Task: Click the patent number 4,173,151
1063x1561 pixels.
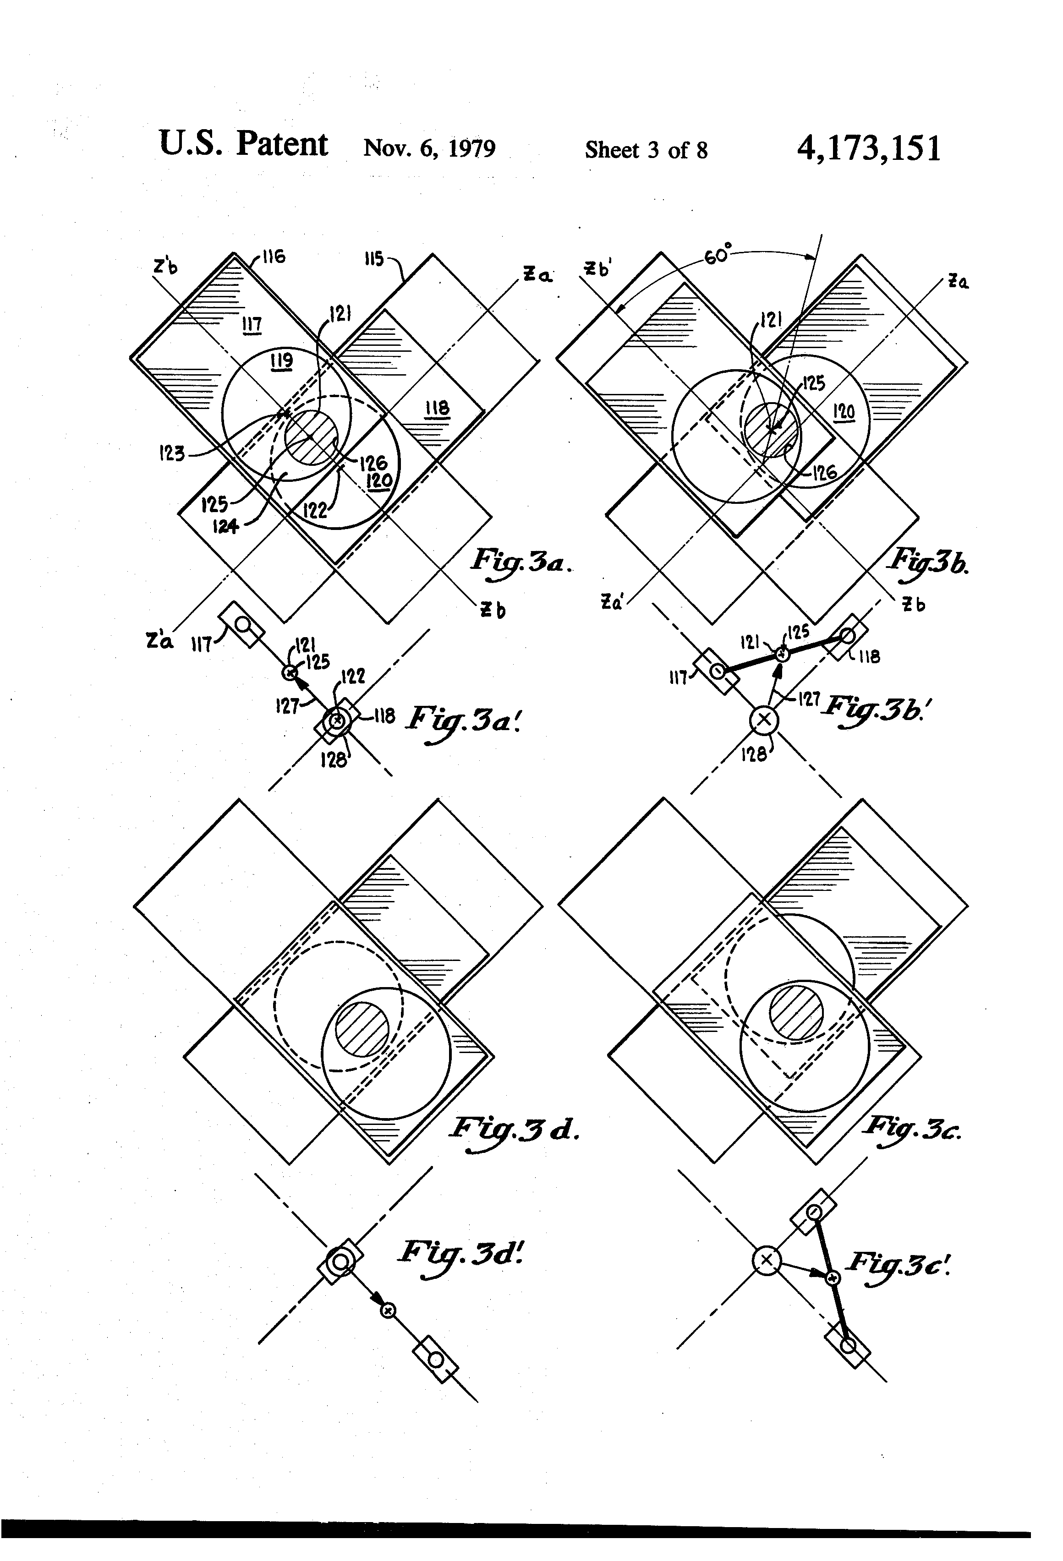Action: tap(868, 148)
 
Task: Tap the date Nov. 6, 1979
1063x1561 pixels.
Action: tap(429, 148)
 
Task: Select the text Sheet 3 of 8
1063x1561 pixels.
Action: tap(646, 150)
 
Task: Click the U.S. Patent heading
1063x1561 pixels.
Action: tap(243, 144)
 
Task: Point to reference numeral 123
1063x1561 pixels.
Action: tap(171, 454)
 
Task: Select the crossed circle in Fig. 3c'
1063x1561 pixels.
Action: tap(766, 1260)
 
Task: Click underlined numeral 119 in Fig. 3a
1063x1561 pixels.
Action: tap(281, 361)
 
